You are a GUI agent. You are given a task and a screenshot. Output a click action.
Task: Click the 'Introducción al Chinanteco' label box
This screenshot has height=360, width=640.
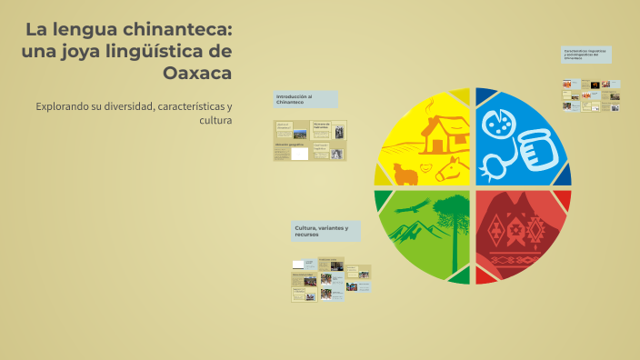tap(305, 99)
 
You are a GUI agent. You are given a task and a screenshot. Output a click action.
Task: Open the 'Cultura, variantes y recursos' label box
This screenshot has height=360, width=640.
tap(325, 231)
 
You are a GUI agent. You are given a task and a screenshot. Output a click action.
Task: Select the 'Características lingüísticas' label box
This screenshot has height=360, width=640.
tap(586, 55)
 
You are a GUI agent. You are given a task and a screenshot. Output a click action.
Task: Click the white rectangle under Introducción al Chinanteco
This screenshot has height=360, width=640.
tap(299, 154)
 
